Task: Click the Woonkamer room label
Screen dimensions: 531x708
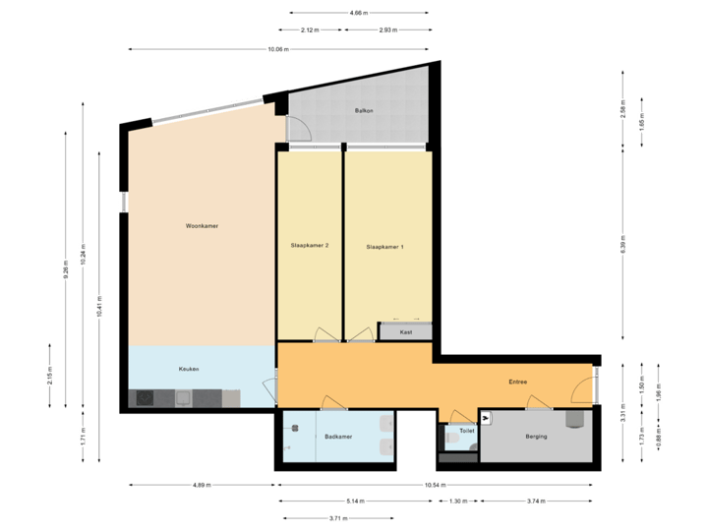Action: pyautogui.click(x=202, y=226)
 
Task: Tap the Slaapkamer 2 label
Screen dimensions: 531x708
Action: pyautogui.click(x=310, y=245)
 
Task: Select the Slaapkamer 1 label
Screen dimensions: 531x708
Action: pyautogui.click(x=384, y=246)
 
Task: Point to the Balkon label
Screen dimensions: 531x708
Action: pyautogui.click(x=363, y=111)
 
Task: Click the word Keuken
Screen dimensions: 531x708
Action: pyautogui.click(x=189, y=369)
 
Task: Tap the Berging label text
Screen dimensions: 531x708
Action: pyautogui.click(x=536, y=437)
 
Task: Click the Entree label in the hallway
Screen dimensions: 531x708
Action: pyautogui.click(x=517, y=382)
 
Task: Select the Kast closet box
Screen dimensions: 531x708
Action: pyautogui.click(x=406, y=332)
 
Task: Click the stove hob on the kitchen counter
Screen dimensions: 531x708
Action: pyautogui.click(x=144, y=398)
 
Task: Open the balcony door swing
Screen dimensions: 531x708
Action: pyautogui.click(x=298, y=129)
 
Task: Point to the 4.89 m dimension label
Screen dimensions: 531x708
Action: pyautogui.click(x=202, y=485)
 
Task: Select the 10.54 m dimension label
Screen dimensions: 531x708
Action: pyautogui.click(x=435, y=485)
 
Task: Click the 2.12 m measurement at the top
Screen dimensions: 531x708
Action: pyautogui.click(x=310, y=30)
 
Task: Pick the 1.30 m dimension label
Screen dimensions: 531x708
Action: pyautogui.click(x=458, y=501)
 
